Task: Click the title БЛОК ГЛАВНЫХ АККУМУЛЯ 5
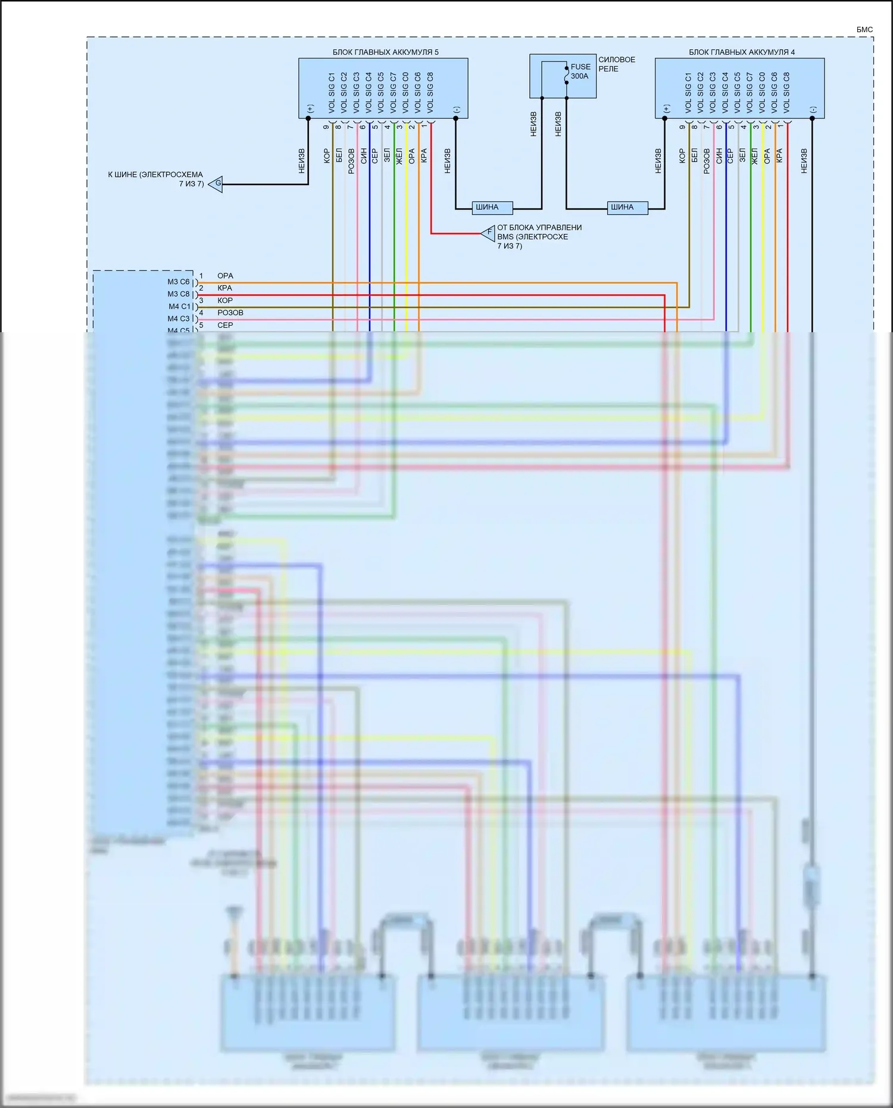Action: [x=385, y=52]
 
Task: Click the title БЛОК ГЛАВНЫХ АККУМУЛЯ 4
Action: [x=741, y=52]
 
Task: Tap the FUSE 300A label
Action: [x=580, y=71]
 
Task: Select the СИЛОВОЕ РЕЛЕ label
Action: [x=616, y=64]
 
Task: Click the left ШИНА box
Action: [x=487, y=207]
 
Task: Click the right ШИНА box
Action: [x=622, y=207]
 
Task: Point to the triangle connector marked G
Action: [x=216, y=183]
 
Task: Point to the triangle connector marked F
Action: [x=489, y=233]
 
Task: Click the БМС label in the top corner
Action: [x=864, y=29]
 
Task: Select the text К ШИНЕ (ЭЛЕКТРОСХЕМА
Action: [x=155, y=175]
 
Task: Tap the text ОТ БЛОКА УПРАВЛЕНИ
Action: [x=539, y=227]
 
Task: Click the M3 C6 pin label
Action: [x=178, y=282]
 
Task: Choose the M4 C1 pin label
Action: [x=179, y=307]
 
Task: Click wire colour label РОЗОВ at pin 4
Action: [x=230, y=313]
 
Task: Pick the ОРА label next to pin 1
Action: [x=225, y=276]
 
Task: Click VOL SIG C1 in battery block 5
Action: [x=332, y=93]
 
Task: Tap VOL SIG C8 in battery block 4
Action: [x=786, y=93]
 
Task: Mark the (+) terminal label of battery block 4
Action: [x=666, y=109]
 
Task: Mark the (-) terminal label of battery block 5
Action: [x=456, y=110]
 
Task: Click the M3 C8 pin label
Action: [x=178, y=294]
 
